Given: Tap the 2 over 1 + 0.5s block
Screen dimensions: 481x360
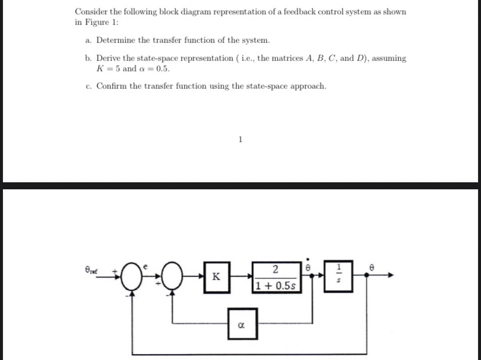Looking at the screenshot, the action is point(276,277).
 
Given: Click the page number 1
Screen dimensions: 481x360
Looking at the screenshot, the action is point(240,139).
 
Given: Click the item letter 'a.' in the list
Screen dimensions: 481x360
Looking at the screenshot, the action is point(88,40).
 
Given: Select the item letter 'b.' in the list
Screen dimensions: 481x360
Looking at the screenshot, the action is point(88,58).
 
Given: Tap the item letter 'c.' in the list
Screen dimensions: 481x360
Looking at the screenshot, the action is point(88,86).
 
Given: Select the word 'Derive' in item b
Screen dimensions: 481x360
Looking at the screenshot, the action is point(109,58).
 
